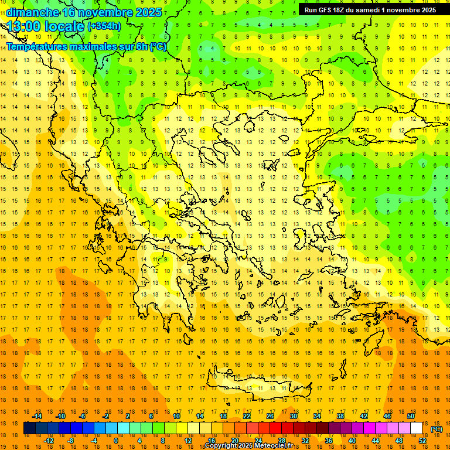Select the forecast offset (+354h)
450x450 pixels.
(104, 26)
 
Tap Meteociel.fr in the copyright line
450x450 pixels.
(272, 446)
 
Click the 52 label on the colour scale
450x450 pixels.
(422, 441)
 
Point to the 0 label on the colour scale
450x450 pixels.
(116, 441)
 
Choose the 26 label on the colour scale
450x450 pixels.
(270, 416)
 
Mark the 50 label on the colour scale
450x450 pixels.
(411, 416)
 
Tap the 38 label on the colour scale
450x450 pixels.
(340, 416)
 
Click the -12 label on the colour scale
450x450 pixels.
(49, 441)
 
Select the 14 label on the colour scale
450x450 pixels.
(200, 416)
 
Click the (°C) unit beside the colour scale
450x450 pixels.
(437, 429)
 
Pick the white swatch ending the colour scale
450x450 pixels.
(417, 428)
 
